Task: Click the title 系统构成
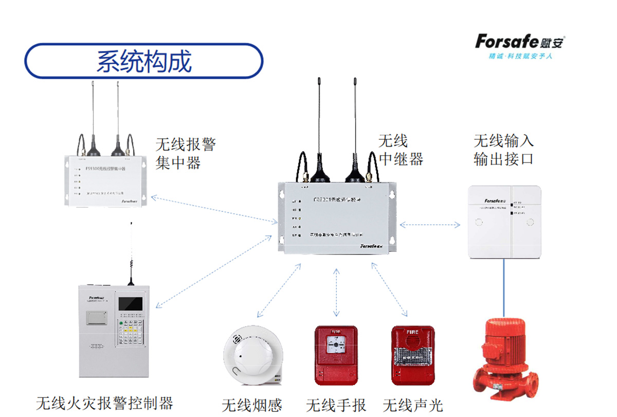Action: pyautogui.click(x=144, y=61)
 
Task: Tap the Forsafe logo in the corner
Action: pyautogui.click(x=520, y=45)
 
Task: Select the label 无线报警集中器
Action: pyautogui.click(x=185, y=153)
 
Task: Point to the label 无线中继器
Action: pyautogui.click(x=401, y=150)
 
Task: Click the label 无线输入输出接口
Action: pyautogui.click(x=503, y=150)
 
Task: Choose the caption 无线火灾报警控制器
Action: pyautogui.click(x=104, y=403)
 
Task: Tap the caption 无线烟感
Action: pyautogui.click(x=252, y=405)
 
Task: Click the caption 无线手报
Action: pyautogui.click(x=336, y=405)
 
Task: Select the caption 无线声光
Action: pyautogui.click(x=412, y=405)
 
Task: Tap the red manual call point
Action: pyautogui.click(x=336, y=355)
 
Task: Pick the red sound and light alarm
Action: pyautogui.click(x=413, y=355)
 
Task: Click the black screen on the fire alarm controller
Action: pyautogui.click(x=131, y=303)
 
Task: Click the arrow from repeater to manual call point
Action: pyautogui.click(x=336, y=292)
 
